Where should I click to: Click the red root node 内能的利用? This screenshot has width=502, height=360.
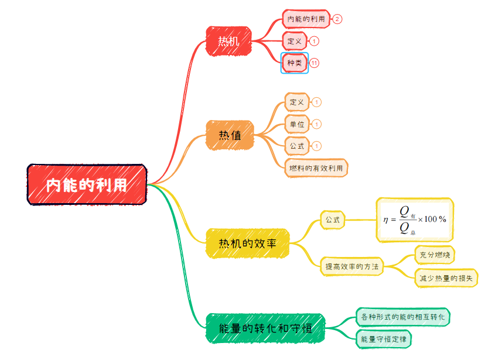point(87,184)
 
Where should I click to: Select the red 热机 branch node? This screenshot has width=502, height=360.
point(228,41)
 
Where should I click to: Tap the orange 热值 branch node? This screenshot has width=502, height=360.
point(230,135)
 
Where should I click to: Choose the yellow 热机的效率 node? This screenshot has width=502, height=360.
point(247,243)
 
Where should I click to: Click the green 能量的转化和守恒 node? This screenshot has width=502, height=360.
point(265,328)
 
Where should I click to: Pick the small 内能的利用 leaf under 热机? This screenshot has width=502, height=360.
point(306,19)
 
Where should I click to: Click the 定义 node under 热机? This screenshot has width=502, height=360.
point(295,41)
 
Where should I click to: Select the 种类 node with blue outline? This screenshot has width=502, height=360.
point(295,63)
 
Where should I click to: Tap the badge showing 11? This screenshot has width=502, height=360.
point(315,63)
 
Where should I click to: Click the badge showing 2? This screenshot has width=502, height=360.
point(337,19)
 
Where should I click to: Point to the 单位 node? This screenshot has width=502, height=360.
point(297,124)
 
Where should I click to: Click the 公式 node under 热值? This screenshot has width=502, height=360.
point(297,146)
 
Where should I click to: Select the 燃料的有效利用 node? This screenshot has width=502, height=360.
point(316,168)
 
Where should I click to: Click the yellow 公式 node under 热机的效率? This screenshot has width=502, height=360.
point(333,220)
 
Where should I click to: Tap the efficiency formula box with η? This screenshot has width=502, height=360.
point(415,220)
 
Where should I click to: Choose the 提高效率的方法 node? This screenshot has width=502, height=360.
point(352,266)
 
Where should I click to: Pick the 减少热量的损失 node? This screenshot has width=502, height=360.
point(446,277)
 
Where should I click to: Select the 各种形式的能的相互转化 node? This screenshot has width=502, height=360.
point(403,317)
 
